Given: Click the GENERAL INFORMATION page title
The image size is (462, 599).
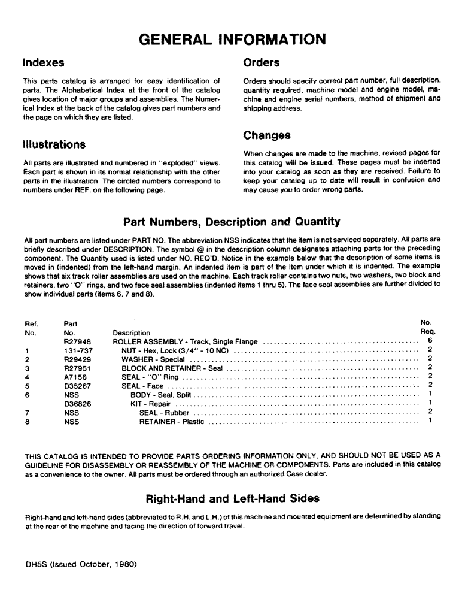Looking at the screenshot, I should [x=232, y=39].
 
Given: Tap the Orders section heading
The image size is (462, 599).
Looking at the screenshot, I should [x=262, y=62].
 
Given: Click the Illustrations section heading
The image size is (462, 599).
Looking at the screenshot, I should [x=54, y=144].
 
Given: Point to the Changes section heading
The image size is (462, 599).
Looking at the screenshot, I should [x=267, y=135].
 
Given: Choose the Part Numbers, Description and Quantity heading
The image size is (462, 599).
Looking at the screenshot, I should [x=232, y=222].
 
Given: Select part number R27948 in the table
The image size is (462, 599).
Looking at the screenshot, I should [x=76, y=341].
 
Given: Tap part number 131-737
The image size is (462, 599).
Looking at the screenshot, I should [x=76, y=350].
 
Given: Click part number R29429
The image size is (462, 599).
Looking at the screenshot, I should [x=76, y=359].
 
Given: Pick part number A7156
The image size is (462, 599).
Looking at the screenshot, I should [x=74, y=377].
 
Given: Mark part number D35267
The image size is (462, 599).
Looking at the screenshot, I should [x=76, y=386].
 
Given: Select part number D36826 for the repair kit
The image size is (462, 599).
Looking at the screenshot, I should [x=76, y=404].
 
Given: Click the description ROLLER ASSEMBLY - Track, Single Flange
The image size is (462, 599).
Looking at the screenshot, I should [x=186, y=341].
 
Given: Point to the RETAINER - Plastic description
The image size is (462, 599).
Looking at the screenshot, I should [x=172, y=422].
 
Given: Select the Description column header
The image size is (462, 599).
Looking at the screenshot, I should [x=132, y=333].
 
